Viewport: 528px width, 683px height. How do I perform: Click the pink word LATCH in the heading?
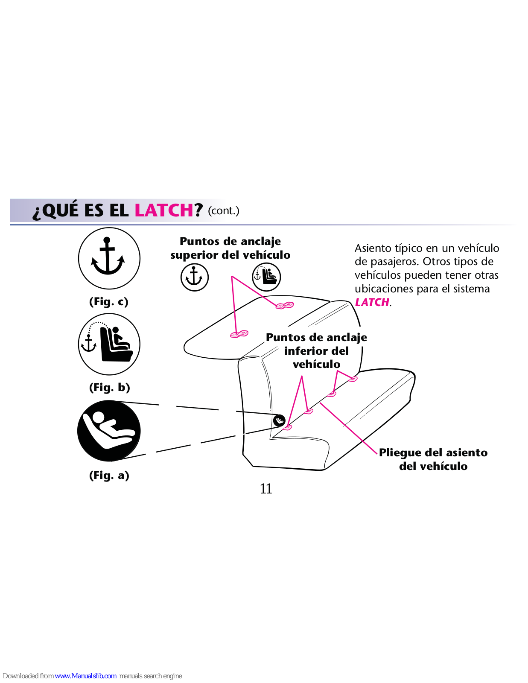pyautogui.click(x=164, y=210)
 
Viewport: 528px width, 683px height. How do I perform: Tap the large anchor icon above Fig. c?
pyautogui.click(x=109, y=258)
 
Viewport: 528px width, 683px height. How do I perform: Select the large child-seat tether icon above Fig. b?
pyautogui.click(x=109, y=344)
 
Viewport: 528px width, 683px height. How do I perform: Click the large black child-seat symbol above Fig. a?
pyautogui.click(x=109, y=431)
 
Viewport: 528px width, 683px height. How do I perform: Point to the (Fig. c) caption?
pyautogui.click(x=109, y=302)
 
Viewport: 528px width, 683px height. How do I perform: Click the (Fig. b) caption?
pyautogui.click(x=109, y=387)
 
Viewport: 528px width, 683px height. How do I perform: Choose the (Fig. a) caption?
pyautogui.click(x=109, y=475)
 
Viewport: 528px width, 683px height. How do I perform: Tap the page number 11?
pyautogui.click(x=266, y=489)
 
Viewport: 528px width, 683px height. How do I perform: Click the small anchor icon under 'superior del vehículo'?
pyautogui.click(x=195, y=277)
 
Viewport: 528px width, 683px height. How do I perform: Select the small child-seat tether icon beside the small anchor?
pyautogui.click(x=266, y=277)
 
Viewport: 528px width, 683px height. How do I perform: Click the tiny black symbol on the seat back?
pyautogui.click(x=279, y=420)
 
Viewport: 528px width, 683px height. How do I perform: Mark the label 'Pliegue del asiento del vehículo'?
pyautogui.click(x=433, y=459)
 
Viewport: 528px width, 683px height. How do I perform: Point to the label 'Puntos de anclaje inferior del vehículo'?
pyautogui.click(x=316, y=351)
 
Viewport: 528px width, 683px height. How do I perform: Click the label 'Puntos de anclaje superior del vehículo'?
pyautogui.click(x=230, y=248)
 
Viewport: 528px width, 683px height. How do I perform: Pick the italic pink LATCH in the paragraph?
pyautogui.click(x=372, y=302)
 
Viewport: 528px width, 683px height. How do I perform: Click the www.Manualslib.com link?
pyautogui.click(x=86, y=676)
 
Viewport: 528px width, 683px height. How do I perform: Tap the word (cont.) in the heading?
pyautogui.click(x=224, y=210)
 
